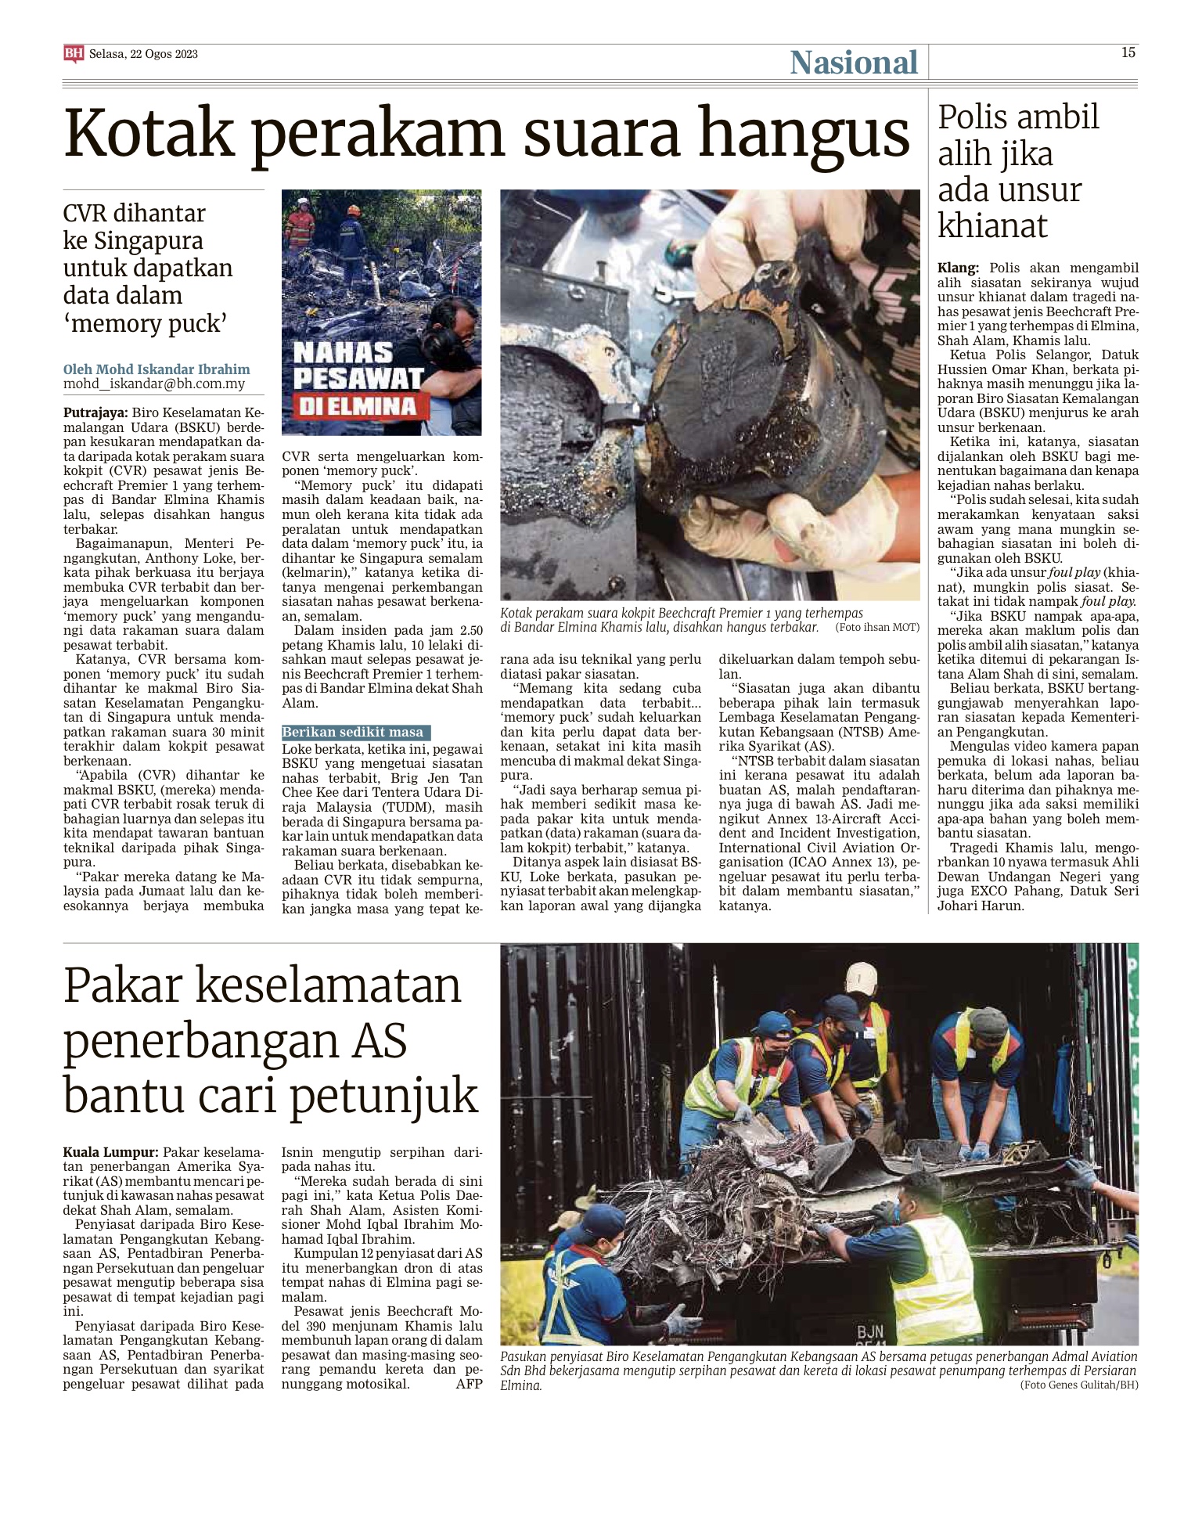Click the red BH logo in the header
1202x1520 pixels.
pos(73,53)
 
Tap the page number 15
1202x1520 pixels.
pos(1128,52)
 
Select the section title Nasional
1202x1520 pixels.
pos(853,63)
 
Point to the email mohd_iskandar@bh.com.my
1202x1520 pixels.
pos(154,384)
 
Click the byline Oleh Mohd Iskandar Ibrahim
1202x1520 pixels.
pos(157,369)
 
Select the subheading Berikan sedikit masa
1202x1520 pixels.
pos(354,732)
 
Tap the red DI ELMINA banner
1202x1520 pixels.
pos(355,405)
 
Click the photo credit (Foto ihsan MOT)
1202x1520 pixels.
pos(876,627)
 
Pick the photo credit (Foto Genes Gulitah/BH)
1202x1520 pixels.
pos(1078,1385)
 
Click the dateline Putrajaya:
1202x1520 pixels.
pos(95,412)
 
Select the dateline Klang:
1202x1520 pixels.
pos(959,268)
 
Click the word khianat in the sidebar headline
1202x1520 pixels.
pos(992,226)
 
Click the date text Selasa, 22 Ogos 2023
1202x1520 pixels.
pos(143,54)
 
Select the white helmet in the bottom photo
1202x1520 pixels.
pos(859,975)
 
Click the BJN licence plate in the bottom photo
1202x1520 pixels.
pos(870,1331)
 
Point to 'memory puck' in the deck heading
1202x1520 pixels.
pos(146,322)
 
